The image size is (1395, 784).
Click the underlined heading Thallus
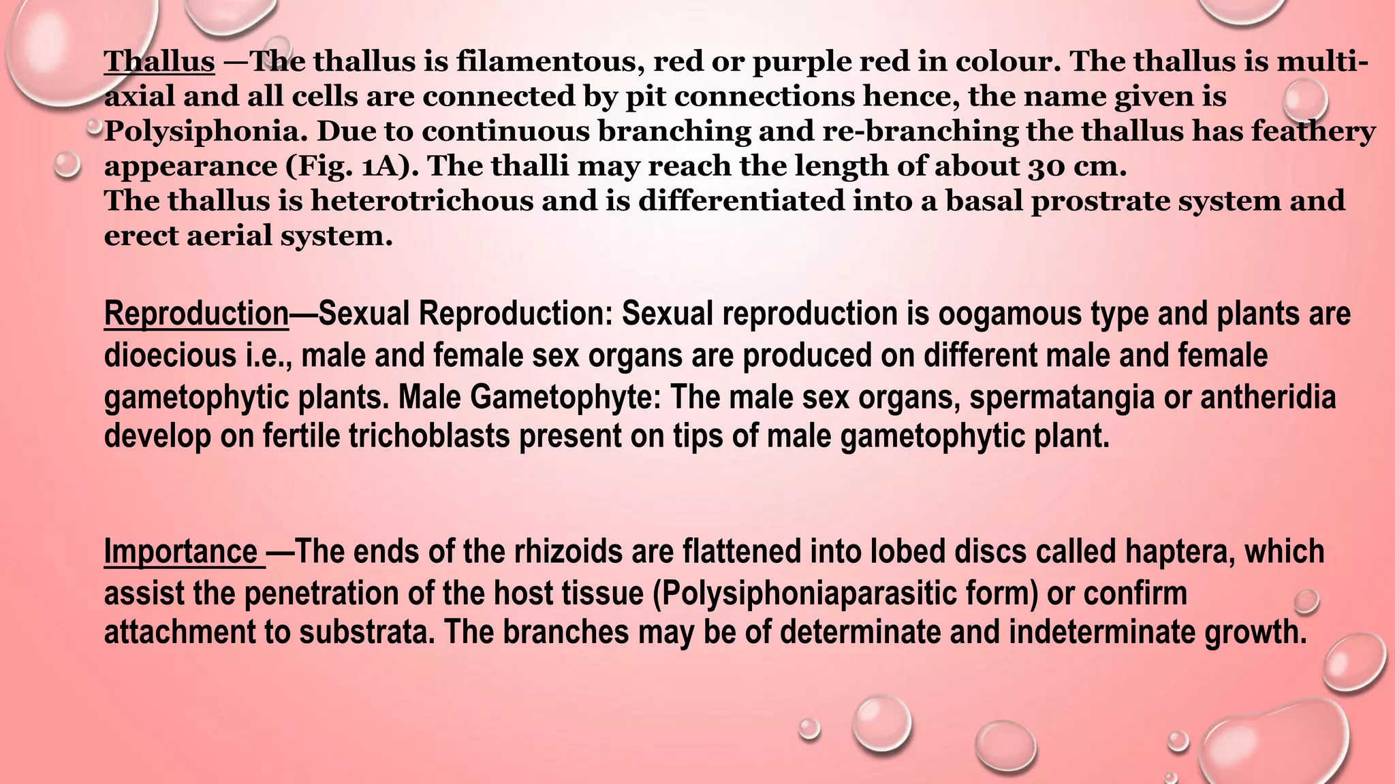(x=159, y=61)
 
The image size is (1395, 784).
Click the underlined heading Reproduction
(x=196, y=314)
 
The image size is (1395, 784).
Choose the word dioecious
(x=170, y=355)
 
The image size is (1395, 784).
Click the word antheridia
(x=1268, y=397)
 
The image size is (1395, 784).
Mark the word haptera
(x=1180, y=551)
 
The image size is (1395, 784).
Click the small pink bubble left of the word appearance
(x=67, y=165)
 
